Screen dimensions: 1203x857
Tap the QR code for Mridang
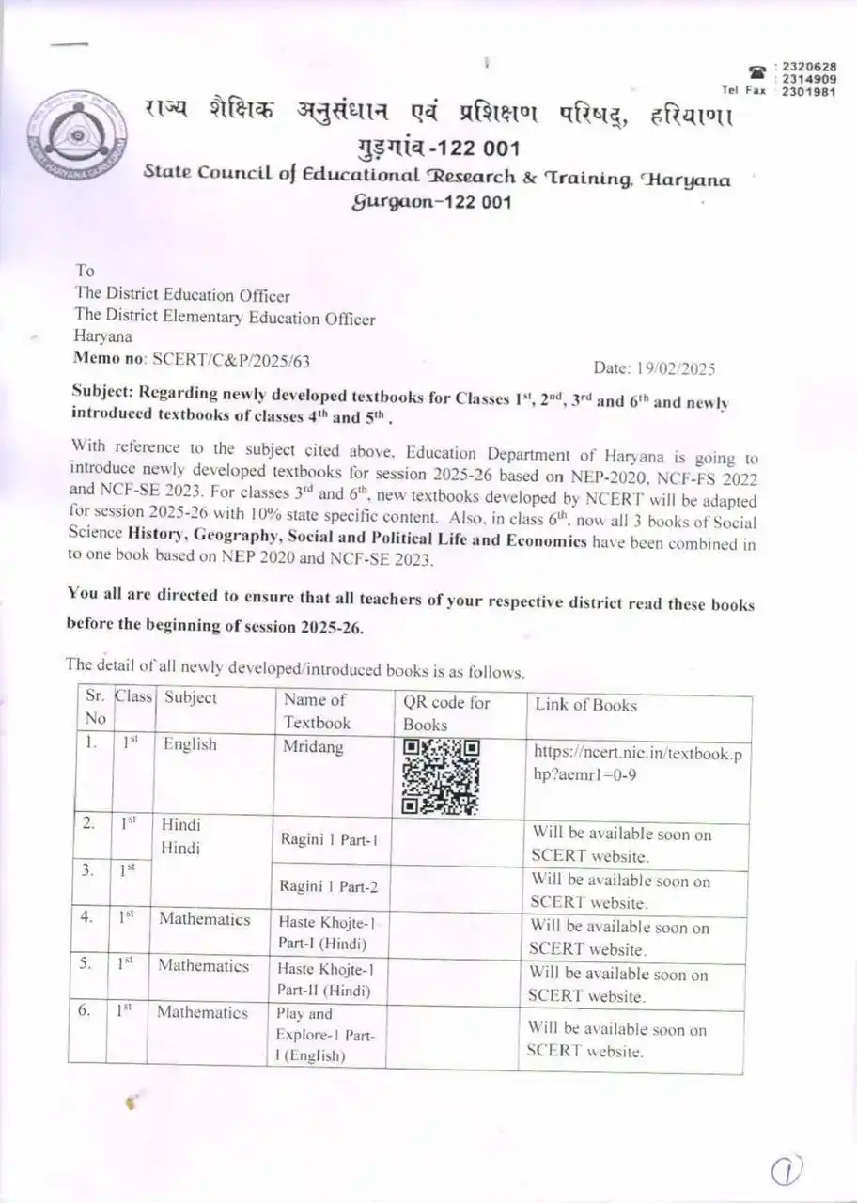[x=441, y=776]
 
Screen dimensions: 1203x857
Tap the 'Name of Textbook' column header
[x=316, y=711]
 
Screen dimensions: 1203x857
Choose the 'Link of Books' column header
[x=585, y=705]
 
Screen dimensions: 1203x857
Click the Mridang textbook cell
[x=313, y=746]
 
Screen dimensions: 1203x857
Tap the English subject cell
[x=190, y=744]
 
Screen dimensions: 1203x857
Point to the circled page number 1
[x=786, y=1169]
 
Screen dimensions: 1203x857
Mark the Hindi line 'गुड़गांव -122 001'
[x=438, y=148]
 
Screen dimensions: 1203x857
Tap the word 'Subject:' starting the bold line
[x=104, y=393]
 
